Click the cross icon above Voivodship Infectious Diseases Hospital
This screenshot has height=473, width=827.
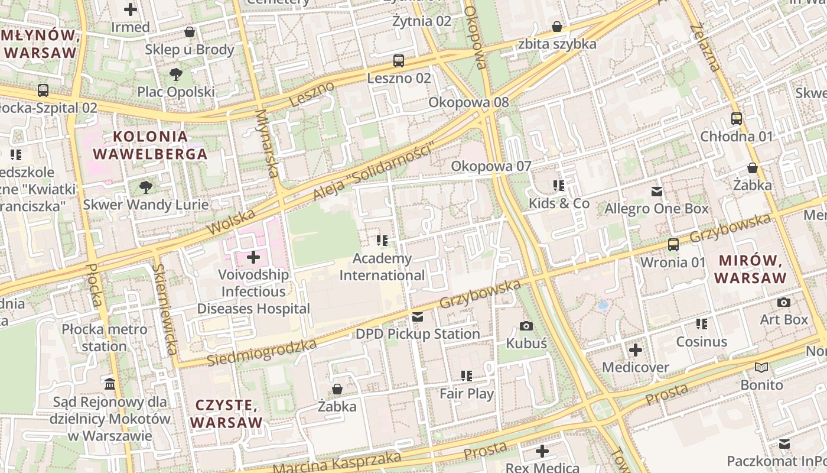tap(253, 257)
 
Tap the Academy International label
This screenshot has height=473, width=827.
tap(382, 267)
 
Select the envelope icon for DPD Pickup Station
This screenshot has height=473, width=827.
tap(418, 317)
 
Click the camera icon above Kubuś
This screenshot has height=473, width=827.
tap(526, 326)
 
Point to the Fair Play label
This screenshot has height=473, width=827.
tap(467, 393)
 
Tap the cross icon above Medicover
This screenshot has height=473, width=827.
tap(636, 350)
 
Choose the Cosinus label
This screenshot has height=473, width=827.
tap(702, 342)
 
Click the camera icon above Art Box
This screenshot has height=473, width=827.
tap(784, 302)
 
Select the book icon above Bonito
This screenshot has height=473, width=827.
tap(762, 368)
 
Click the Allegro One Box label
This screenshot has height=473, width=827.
tap(656, 209)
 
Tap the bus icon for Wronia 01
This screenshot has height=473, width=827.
tap(673, 244)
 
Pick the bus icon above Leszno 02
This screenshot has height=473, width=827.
tap(399, 60)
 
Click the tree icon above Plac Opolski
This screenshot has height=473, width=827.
tap(175, 74)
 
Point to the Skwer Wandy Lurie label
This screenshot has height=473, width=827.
tap(145, 205)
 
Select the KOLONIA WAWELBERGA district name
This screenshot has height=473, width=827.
tap(151, 145)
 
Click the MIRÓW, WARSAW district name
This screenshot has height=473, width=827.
tap(750, 269)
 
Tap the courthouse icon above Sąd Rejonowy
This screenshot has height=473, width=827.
tap(110, 384)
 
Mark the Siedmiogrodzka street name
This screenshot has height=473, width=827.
tap(262, 352)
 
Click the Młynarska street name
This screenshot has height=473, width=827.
tap(266, 143)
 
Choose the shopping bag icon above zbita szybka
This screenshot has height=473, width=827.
tap(556, 27)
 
